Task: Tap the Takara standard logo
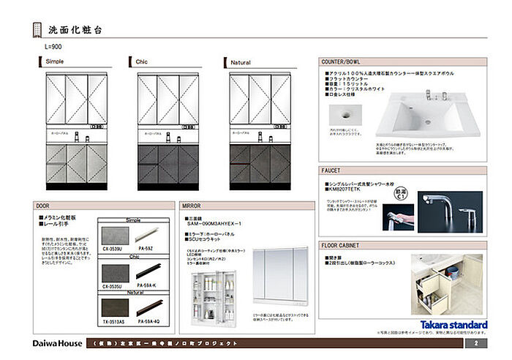(x=453, y=324)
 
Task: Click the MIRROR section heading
(x=192, y=207)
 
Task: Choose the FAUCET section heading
(x=333, y=170)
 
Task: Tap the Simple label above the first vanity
(x=54, y=63)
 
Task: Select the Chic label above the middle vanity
(x=142, y=63)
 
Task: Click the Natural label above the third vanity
(x=241, y=63)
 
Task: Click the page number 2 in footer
(x=475, y=342)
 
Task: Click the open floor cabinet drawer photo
(x=446, y=284)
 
